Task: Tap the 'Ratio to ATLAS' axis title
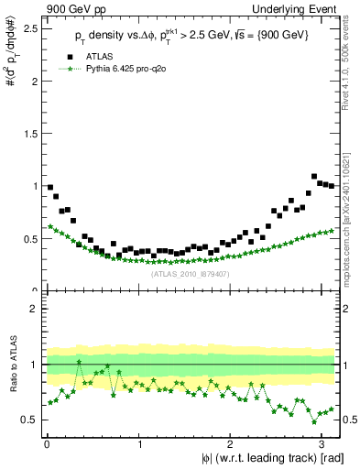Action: pos(12,364)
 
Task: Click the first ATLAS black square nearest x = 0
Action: pos(50,188)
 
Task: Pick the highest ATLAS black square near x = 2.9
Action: pos(314,176)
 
